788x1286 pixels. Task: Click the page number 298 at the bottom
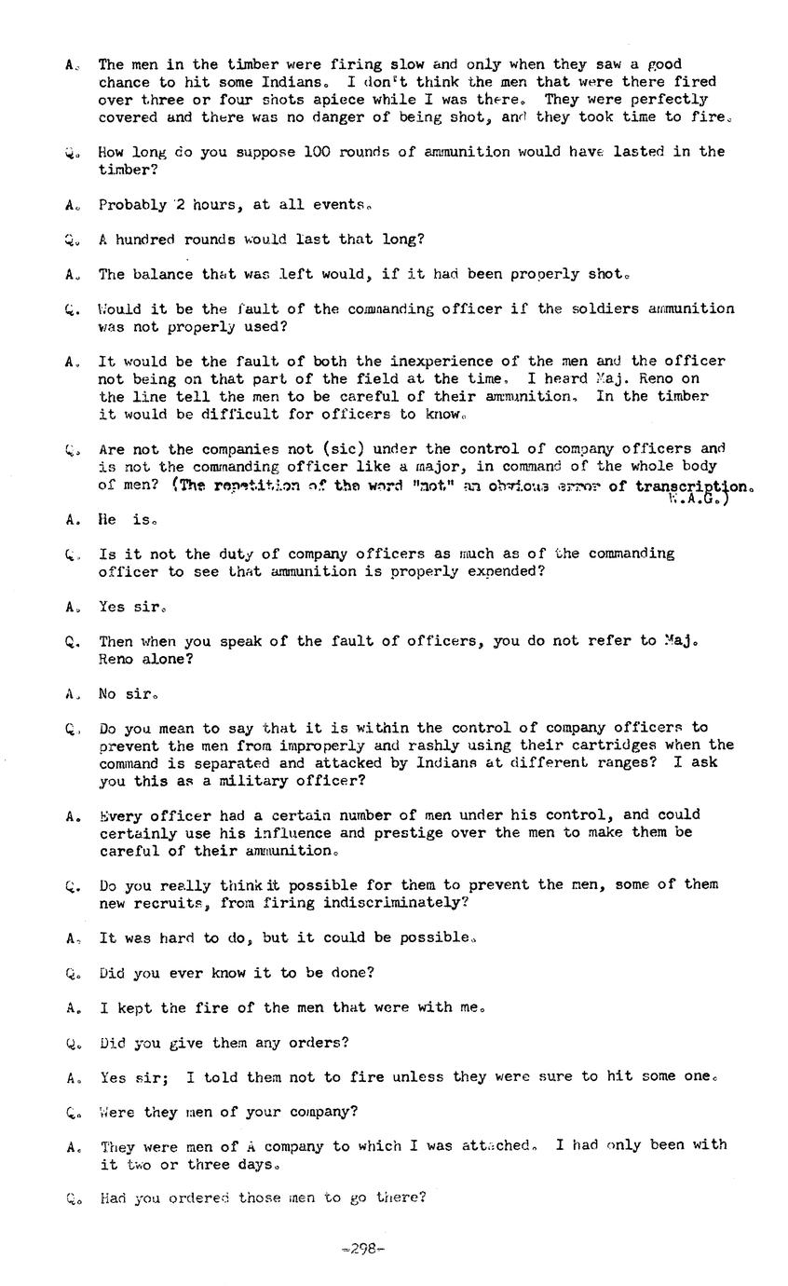click(363, 1249)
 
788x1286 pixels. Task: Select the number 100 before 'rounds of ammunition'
click(318, 152)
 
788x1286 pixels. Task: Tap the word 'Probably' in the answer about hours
click(132, 205)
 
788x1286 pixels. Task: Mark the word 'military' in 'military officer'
click(245, 781)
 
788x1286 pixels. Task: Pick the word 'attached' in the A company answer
click(495, 1145)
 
